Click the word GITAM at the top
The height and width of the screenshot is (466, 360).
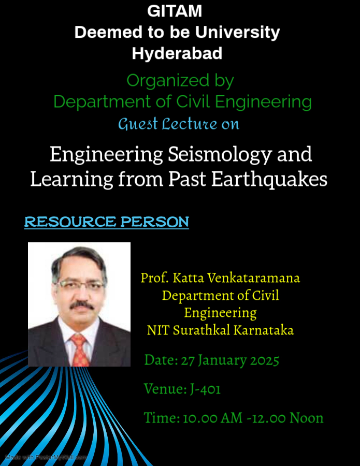[175, 11]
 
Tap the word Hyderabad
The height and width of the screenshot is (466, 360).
[177, 53]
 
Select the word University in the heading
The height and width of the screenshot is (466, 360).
[238, 33]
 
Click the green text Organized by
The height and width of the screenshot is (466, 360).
[180, 81]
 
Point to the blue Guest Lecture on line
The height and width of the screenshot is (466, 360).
[179, 124]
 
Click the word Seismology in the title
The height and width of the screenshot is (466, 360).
[220, 155]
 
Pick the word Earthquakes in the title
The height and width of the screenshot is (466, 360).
[269, 179]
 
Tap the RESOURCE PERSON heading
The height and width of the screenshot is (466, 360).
[106, 222]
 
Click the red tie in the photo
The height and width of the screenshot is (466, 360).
[80, 351]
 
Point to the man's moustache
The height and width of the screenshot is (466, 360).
[81, 304]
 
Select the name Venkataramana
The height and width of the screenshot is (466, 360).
[254, 278]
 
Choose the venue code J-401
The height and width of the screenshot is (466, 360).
[206, 389]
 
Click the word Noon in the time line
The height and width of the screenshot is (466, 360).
[307, 418]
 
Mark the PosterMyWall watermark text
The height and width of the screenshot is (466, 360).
[46, 457]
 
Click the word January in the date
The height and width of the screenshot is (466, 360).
[222, 361]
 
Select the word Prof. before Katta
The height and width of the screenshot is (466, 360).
[154, 278]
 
